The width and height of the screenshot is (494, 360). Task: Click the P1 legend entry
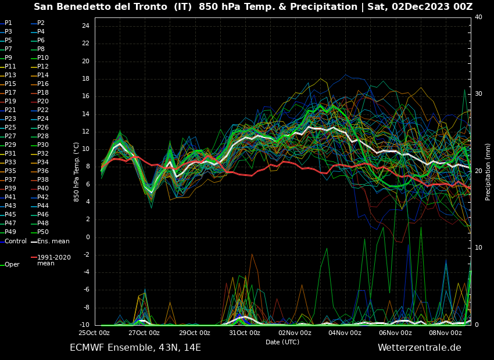pos(8,23)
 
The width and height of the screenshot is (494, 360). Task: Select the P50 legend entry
pos(43,232)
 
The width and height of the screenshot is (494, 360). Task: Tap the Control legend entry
pos(16,241)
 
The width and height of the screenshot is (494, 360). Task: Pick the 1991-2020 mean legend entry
pos(53,260)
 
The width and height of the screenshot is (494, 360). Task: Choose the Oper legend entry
pos(12,265)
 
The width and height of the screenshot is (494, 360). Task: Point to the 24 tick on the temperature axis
pos(85,26)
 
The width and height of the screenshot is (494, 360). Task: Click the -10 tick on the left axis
pos(84,325)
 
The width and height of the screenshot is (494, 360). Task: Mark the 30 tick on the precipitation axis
pos(478,93)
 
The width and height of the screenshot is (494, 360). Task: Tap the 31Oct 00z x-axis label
pos(245,333)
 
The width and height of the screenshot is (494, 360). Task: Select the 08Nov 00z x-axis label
pos(446,333)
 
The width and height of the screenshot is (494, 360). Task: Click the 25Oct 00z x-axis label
pos(94,333)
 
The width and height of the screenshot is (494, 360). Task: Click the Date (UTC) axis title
pos(282,342)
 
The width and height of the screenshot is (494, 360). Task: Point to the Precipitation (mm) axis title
pos(488,172)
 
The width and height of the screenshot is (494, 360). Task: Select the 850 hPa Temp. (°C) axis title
pos(77,172)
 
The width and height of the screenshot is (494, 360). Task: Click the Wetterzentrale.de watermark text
pos(419,348)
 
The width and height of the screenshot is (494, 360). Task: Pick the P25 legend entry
pos(10,128)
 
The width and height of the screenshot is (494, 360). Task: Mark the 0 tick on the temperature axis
pos(87,237)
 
